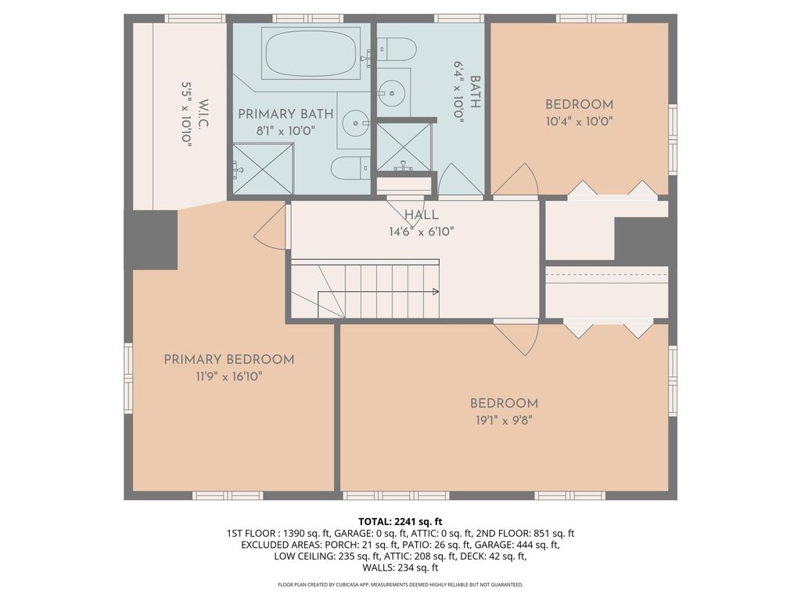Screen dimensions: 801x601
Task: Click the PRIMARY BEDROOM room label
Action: click(229, 360)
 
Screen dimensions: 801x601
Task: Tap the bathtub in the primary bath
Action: click(311, 54)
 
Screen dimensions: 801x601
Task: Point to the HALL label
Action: click(422, 214)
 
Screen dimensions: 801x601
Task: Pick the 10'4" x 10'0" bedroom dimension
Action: click(580, 121)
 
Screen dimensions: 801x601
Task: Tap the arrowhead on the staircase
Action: click(436, 292)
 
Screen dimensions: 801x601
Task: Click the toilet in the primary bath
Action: click(350, 167)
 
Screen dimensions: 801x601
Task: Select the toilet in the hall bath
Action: click(397, 49)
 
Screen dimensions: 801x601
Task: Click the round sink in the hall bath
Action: click(391, 94)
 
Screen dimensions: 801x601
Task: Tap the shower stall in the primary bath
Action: click(264, 169)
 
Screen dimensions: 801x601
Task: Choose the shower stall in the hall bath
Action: click(404, 147)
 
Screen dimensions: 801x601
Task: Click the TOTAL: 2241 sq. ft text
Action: click(400, 522)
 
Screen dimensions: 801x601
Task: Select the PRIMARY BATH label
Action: click(286, 114)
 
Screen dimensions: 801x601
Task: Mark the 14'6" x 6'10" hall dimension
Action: click(422, 232)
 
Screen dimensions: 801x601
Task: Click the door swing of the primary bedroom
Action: click(269, 226)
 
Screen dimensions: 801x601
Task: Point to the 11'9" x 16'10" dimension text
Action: click(229, 377)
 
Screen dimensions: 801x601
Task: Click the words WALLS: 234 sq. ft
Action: click(400, 568)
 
